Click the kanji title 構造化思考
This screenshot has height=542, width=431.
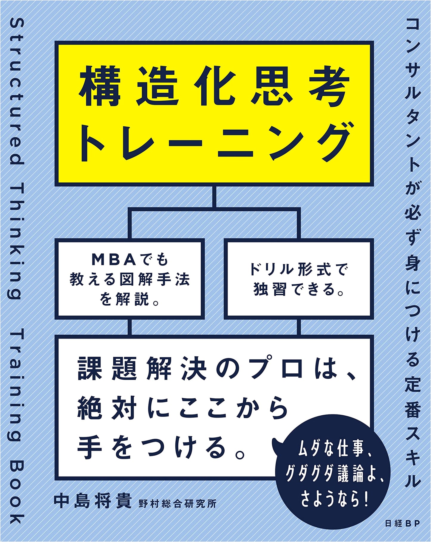click(214, 86)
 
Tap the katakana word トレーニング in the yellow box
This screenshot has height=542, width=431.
click(214, 142)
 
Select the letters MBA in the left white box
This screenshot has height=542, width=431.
click(111, 260)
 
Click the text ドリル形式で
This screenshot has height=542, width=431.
click(297, 270)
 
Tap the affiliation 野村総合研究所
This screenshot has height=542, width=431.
click(177, 503)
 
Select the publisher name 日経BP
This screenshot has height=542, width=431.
click(402, 523)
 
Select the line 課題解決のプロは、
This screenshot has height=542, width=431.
click(217, 368)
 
